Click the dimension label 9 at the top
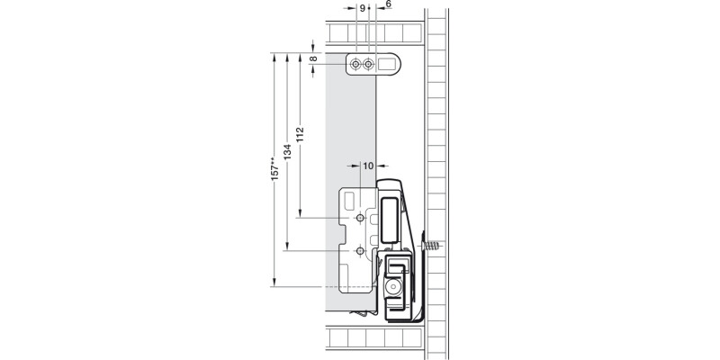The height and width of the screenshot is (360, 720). (362, 7)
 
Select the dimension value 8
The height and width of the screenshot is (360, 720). (313, 59)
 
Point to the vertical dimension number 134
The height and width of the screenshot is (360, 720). (286, 154)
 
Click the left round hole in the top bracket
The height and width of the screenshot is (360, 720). (358, 65)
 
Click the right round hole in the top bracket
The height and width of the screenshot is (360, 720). (368, 65)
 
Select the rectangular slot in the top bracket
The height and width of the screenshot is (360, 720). (386, 65)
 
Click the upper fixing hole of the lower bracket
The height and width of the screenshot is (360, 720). (360, 219)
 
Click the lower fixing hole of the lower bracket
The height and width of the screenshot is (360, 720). (360, 251)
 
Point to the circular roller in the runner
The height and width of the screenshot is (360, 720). (393, 285)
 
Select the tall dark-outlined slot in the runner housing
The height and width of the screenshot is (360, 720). (388, 219)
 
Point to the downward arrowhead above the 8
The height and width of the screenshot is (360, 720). (313, 47)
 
